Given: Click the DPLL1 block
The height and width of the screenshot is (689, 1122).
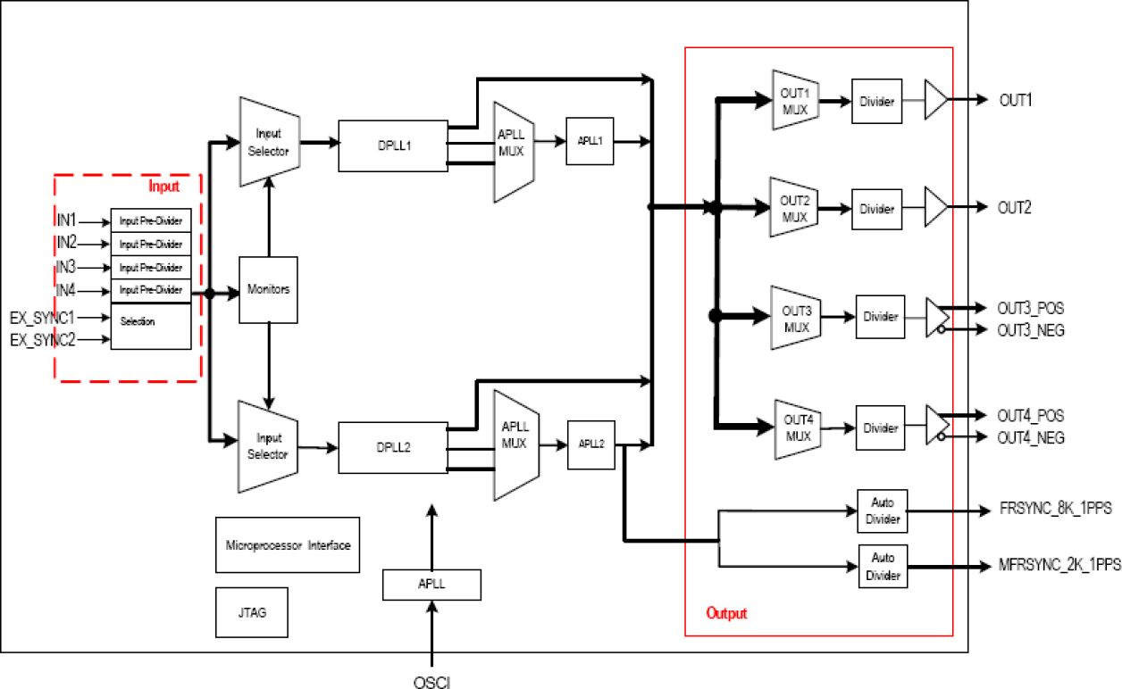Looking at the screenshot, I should point(392,145).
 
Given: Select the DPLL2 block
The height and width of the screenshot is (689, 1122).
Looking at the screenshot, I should point(392,446).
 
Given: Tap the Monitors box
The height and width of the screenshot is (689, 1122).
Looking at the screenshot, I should point(268,290).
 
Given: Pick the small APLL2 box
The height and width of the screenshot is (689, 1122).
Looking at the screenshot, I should point(591,444).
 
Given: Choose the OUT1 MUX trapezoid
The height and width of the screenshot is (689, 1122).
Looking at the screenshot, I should point(794,99).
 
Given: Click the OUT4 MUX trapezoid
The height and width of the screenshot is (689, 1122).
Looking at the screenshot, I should point(797,429).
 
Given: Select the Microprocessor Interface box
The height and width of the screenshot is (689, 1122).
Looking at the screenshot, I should point(288,544).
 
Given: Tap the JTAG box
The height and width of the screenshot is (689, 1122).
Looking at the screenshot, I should point(252,613).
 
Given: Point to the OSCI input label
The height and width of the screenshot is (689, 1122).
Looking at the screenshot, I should point(431,680).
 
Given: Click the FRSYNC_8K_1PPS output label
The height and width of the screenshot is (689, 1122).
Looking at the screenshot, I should point(1056,511).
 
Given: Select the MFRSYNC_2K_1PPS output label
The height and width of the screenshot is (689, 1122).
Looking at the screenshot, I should point(1059,565).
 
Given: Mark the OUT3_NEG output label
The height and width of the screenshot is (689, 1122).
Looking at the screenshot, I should point(1030,330).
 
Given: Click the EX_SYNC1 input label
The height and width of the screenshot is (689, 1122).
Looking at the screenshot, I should point(42,316).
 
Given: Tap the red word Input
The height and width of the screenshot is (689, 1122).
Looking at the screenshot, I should point(163,187).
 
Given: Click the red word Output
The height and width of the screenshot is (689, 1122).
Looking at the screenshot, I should point(726,613).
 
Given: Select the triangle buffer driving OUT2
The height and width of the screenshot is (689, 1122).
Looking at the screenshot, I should point(934,208).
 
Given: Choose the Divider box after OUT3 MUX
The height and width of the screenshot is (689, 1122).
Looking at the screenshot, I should point(880,317).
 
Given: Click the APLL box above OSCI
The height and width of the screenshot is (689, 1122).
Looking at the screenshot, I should point(431,585).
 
